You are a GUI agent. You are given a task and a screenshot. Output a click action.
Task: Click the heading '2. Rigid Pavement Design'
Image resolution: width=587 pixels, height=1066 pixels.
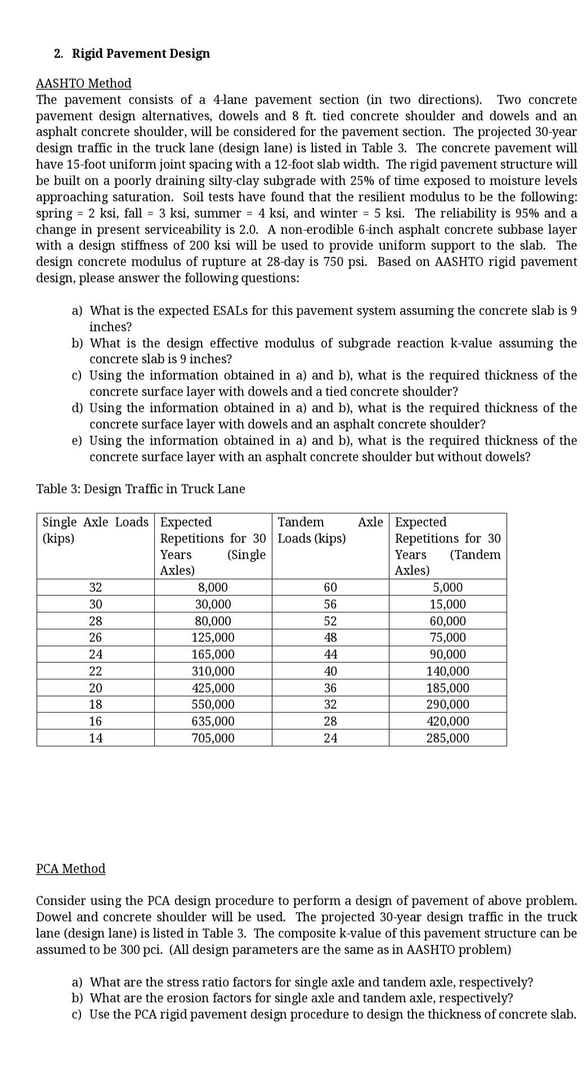(x=132, y=53)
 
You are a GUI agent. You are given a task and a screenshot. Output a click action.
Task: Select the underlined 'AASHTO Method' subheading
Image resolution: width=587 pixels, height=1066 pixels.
(x=83, y=83)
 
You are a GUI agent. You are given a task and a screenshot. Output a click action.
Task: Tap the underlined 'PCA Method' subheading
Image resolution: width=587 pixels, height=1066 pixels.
(x=70, y=868)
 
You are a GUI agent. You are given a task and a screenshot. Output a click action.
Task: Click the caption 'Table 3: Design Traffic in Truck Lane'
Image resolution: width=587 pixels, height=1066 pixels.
(x=140, y=488)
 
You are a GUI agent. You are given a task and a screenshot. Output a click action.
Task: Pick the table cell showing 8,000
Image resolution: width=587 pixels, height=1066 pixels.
(x=213, y=587)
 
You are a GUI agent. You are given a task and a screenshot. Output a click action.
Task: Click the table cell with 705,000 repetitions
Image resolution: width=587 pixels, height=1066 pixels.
(x=213, y=737)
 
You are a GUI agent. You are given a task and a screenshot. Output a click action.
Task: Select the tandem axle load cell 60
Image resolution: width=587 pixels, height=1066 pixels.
(x=330, y=587)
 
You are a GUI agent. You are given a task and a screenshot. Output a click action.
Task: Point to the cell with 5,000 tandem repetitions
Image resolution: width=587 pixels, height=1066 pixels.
(x=447, y=587)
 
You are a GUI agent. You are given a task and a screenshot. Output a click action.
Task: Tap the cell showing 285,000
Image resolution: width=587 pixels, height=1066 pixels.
(x=447, y=737)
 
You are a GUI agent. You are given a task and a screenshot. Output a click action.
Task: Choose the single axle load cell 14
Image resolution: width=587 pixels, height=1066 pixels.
(x=96, y=737)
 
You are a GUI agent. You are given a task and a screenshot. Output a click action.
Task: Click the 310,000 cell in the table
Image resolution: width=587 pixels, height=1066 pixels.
(x=213, y=671)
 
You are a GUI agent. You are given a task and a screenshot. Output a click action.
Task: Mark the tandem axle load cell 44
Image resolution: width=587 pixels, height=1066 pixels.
(x=330, y=654)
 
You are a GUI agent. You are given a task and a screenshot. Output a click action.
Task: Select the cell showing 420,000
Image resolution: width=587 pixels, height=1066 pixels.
(x=447, y=721)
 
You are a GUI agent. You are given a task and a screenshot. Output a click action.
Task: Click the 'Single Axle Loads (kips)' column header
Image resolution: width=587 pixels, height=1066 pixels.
(x=95, y=530)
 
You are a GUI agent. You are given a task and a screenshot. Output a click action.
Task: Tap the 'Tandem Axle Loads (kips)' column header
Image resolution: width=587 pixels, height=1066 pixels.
(x=330, y=530)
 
